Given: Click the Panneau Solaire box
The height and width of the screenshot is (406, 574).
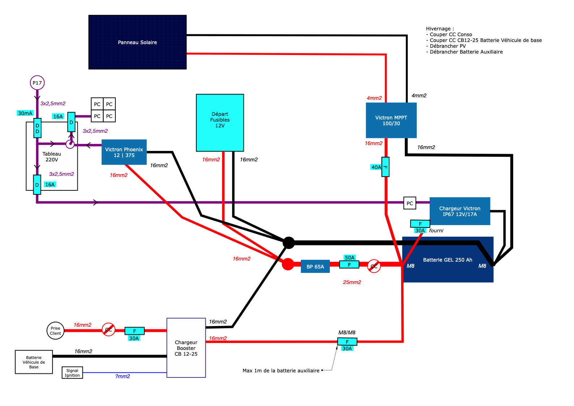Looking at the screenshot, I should (137, 42).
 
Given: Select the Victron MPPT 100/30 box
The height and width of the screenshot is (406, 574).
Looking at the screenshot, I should (391, 120).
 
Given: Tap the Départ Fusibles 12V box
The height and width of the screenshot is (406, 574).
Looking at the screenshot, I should (220, 122).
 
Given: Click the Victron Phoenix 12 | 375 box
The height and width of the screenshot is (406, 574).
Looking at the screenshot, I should (124, 152).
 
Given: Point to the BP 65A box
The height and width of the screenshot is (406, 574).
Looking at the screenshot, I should (315, 266).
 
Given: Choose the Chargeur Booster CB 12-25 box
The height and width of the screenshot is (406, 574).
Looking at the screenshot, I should (186, 348).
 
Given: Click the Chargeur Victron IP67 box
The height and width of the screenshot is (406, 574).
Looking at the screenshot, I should (459, 211).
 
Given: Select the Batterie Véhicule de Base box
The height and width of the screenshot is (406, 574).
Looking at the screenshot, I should (34, 362).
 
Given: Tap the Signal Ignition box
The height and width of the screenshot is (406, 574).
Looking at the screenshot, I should (72, 373).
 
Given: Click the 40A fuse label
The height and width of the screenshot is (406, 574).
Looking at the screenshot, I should (376, 167).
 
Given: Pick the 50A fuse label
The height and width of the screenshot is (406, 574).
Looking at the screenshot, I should (349, 258).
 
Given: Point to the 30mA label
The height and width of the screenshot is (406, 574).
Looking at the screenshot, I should (25, 113).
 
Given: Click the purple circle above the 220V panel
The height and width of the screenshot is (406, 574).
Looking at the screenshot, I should (37, 83).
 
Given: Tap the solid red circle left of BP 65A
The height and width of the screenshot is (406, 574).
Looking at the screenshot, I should (288, 264).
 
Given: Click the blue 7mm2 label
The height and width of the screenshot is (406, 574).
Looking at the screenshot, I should (123, 377).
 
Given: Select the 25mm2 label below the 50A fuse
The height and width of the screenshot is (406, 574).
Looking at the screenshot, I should (352, 282).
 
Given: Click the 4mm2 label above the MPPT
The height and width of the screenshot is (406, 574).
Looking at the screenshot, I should (374, 98).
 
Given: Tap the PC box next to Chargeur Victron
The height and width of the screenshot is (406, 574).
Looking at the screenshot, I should (409, 203).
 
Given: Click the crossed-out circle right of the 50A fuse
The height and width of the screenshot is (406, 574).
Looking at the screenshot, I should (374, 266).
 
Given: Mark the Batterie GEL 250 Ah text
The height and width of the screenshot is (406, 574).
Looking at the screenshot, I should (447, 260).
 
